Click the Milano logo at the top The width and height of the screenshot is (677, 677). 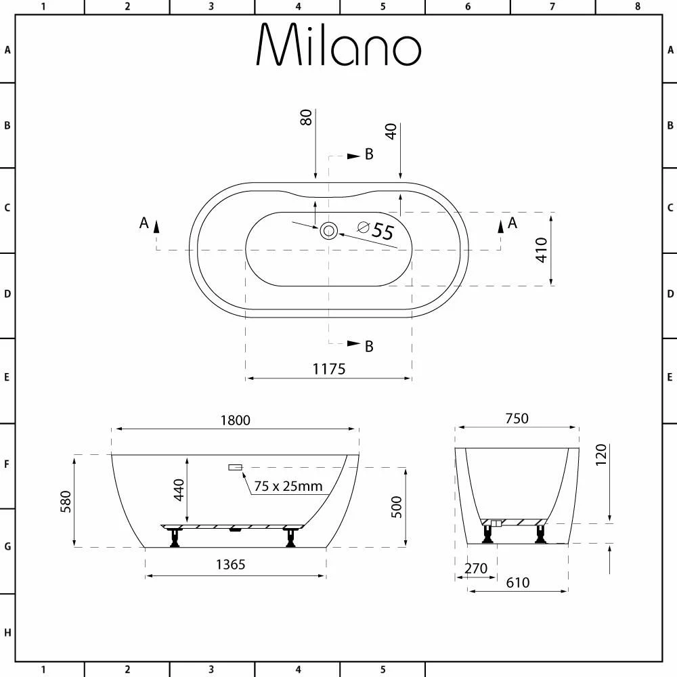(338, 46)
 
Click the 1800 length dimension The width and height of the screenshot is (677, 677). (235, 420)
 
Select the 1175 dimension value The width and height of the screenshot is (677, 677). (329, 369)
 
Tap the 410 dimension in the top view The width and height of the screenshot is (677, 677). (541, 250)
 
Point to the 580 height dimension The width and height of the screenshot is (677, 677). (66, 501)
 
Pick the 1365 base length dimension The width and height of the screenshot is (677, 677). (230, 565)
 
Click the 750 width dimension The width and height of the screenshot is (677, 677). (516, 418)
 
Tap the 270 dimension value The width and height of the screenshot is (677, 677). (476, 569)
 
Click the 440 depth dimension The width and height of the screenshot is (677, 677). (179, 489)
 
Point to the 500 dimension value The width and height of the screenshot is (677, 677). (397, 506)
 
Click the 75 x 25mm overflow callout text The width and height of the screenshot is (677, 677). (288, 486)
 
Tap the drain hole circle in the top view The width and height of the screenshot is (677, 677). (329, 231)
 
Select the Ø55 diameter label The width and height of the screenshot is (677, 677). (376, 231)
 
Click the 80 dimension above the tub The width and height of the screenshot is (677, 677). (306, 117)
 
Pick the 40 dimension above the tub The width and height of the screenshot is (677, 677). (391, 131)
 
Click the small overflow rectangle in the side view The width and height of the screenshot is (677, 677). (236, 467)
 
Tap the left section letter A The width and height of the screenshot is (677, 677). (144, 223)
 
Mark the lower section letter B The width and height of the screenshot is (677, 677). (369, 347)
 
